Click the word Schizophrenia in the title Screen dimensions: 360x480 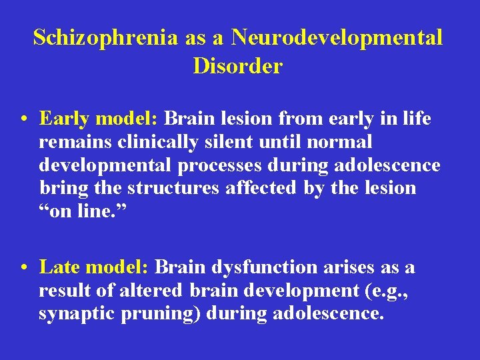[105, 37]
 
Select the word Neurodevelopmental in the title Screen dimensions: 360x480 [337, 37]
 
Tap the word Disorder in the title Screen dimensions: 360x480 [238, 66]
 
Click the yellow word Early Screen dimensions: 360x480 [64, 119]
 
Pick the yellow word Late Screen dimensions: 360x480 [61, 267]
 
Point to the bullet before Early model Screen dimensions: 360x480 [23, 119]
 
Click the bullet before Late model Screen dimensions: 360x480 [23, 268]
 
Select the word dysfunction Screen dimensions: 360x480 [265, 267]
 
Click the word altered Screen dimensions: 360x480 [152, 290]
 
